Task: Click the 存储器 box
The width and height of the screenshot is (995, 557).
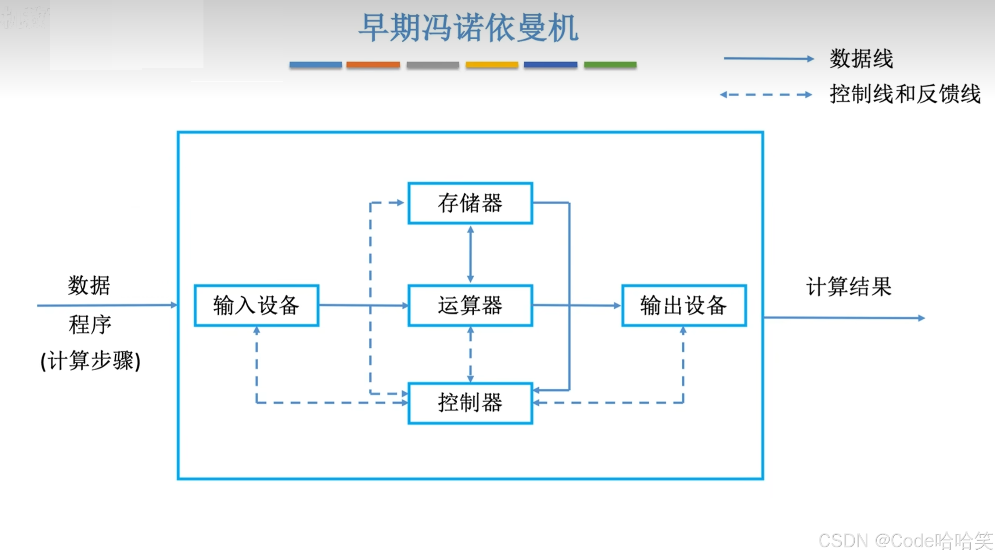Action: click(x=470, y=203)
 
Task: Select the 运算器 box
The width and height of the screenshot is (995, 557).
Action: click(x=470, y=305)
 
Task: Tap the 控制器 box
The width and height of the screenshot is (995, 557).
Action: click(x=470, y=403)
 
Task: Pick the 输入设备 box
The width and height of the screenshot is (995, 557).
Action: click(x=256, y=305)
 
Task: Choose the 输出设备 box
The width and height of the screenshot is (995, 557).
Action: click(x=684, y=305)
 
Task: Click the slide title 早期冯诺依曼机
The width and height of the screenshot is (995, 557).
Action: click(x=469, y=28)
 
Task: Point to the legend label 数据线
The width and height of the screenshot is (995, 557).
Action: click(x=861, y=59)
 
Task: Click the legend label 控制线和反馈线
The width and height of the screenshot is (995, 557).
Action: click(x=905, y=94)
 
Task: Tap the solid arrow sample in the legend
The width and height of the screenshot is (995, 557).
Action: click(x=768, y=59)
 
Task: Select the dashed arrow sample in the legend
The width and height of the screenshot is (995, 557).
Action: click(x=766, y=95)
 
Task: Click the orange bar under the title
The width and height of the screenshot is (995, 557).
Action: click(x=373, y=65)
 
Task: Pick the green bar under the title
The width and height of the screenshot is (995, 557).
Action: click(x=610, y=65)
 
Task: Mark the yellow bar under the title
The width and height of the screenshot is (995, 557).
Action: click(x=492, y=65)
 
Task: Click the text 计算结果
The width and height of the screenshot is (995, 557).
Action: click(x=849, y=287)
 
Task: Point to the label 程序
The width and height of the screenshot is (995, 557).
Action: click(x=90, y=324)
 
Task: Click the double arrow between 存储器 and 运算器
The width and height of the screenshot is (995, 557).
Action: click(x=470, y=254)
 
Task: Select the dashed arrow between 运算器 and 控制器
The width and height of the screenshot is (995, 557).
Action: click(x=470, y=354)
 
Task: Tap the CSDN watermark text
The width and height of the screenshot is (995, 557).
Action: click(x=905, y=541)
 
